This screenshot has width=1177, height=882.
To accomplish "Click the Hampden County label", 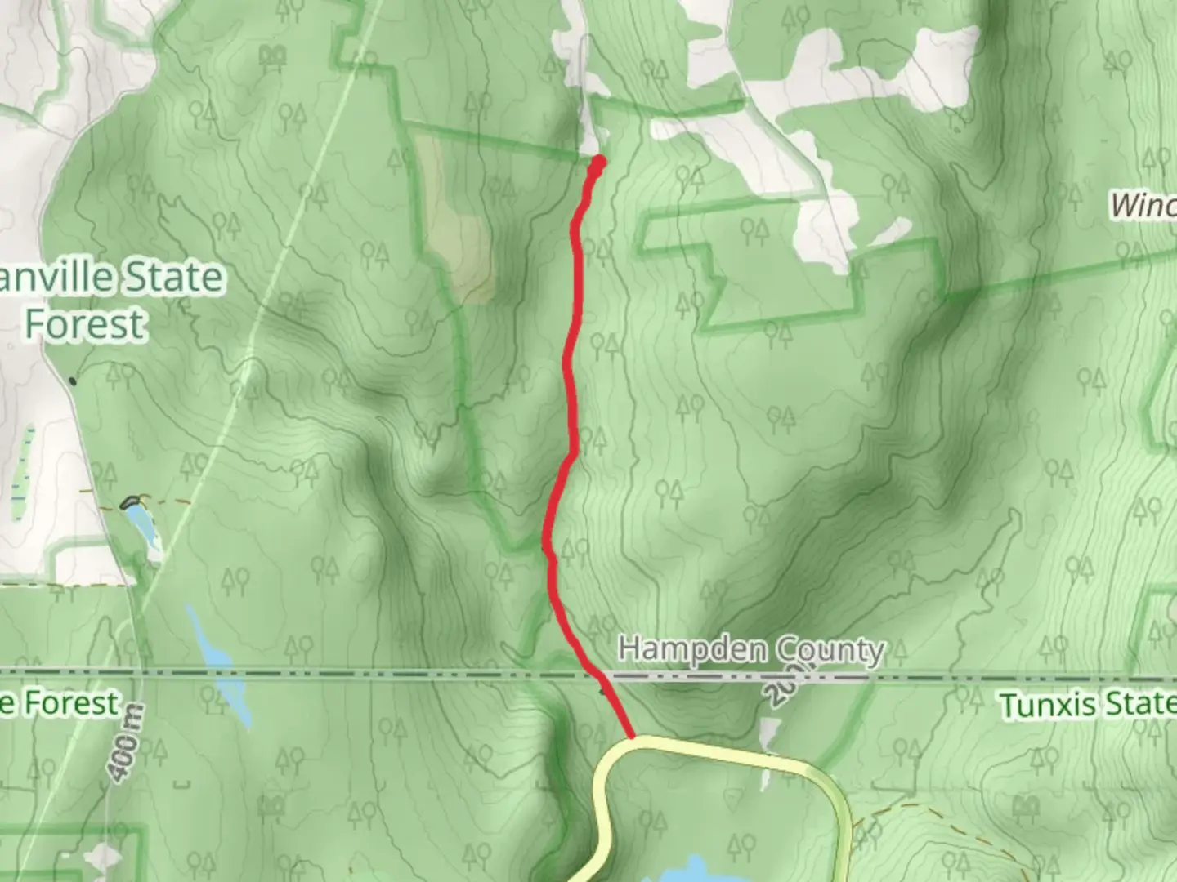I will (x=750, y=650).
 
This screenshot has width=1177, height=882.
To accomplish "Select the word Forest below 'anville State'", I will (x=85, y=323).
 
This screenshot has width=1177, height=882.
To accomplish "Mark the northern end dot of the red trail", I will (x=599, y=161).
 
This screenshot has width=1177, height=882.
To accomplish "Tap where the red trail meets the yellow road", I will (x=633, y=737).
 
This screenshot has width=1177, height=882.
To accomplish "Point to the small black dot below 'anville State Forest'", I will (x=73, y=381).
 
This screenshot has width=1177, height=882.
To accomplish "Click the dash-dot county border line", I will (x=327, y=675).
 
